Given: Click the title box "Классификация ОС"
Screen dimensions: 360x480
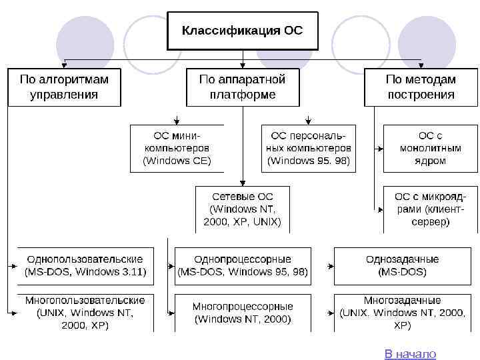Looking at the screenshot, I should tap(242, 31).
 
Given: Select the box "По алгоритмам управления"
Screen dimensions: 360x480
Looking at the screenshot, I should tap(64, 87).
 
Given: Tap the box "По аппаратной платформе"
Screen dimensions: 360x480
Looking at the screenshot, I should tap(242, 87).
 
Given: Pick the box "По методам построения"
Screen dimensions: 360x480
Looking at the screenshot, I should tap(421, 87).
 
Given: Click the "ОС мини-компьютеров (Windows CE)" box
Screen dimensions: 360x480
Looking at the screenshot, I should tap(177, 148).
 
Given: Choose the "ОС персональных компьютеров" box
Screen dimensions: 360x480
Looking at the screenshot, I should tap(308, 148).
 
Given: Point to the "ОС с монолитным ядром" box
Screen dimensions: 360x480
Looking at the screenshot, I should tap(430, 148).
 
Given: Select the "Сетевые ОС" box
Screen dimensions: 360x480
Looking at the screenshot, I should tap(242, 209).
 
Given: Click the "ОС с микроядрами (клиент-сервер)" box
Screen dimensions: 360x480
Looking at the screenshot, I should tap(430, 209).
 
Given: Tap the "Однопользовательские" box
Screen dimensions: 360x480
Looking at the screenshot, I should tap(85, 265).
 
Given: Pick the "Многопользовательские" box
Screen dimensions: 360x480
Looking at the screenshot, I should tap(85, 313).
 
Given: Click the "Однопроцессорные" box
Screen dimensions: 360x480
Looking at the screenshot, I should tap(243, 265).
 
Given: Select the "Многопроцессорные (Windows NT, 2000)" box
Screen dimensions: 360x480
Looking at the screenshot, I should tap(243, 313).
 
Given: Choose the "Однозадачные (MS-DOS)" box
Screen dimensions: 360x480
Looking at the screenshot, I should tap(402, 265).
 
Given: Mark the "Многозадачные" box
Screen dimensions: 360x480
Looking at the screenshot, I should tap(402, 313).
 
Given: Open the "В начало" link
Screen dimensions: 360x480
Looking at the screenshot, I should tap(410, 354).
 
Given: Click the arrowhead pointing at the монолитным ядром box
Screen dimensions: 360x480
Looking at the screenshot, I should tap(380, 148).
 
